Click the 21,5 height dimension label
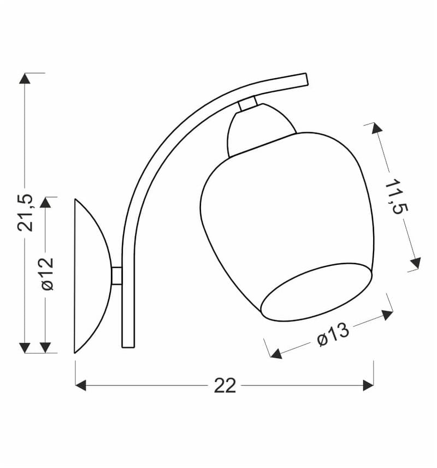tap(25, 212)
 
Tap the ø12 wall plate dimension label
tap(48, 274)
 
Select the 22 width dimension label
tap(225, 386)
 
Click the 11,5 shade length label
tap(397, 196)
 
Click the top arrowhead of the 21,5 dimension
tap(25, 78)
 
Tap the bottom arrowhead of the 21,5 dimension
tap(25, 348)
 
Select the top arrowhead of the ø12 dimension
tap(45, 203)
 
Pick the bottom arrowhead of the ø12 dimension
tap(45, 348)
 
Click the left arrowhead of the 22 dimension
tap(81, 386)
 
